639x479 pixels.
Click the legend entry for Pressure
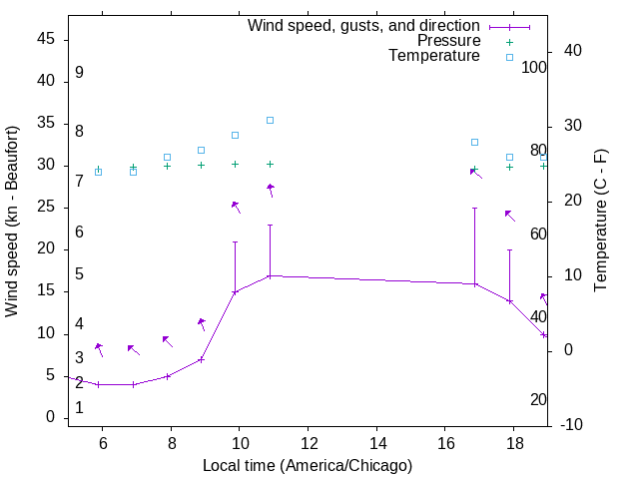pos(449,41)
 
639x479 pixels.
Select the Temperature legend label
pos(434,56)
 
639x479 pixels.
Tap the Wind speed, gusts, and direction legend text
pos(363,26)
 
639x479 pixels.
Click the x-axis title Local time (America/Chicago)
pos(307,465)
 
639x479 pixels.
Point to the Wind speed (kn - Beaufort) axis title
pos(12,222)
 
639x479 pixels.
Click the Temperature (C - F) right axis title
pos(600,222)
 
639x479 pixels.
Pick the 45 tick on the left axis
pos(46,40)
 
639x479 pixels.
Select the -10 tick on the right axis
pos(572,425)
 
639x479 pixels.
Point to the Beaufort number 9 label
pos(79,73)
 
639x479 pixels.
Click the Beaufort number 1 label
pos(79,408)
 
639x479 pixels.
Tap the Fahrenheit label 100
pos(534,68)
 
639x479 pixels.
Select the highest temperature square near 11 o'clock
pos(270,121)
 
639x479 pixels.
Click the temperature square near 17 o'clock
pos(474,142)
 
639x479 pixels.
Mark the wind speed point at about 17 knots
pos(270,276)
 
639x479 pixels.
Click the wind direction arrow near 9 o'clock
pos(202,323)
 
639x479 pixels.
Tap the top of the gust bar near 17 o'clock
pos(474,209)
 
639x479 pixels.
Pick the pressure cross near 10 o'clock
pos(235,164)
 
